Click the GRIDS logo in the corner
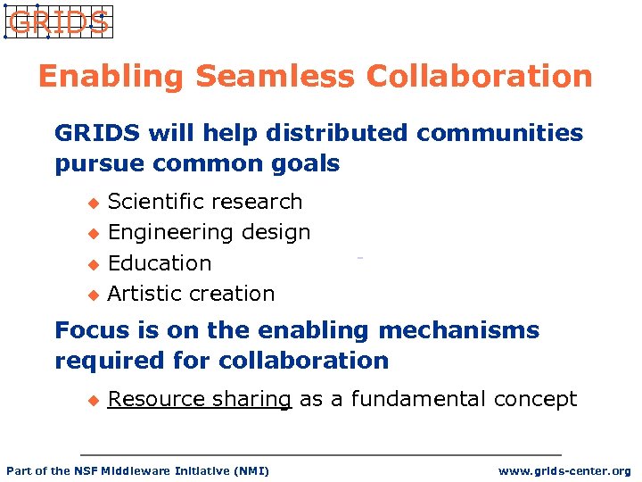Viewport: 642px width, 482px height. tap(58, 22)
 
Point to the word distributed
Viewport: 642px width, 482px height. tap(295, 133)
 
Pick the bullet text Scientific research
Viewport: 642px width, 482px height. tap(204, 202)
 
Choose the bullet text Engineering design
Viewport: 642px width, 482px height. tap(209, 232)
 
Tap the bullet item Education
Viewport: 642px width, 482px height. tap(160, 263)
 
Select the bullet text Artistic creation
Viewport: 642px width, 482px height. tap(191, 294)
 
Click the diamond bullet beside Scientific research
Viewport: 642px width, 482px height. tap(89, 203)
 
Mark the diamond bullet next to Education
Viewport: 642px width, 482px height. tap(89, 264)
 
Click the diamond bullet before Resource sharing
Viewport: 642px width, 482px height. tap(89, 400)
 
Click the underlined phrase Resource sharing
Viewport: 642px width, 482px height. tap(199, 399)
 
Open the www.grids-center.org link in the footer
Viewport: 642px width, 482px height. tap(564, 470)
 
